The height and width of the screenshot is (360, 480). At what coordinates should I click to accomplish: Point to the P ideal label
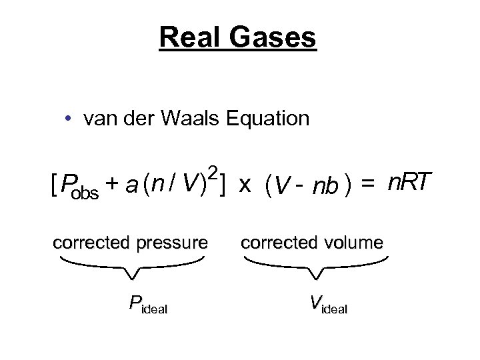point(147,305)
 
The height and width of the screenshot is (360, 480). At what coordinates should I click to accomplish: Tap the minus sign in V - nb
point(299,187)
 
